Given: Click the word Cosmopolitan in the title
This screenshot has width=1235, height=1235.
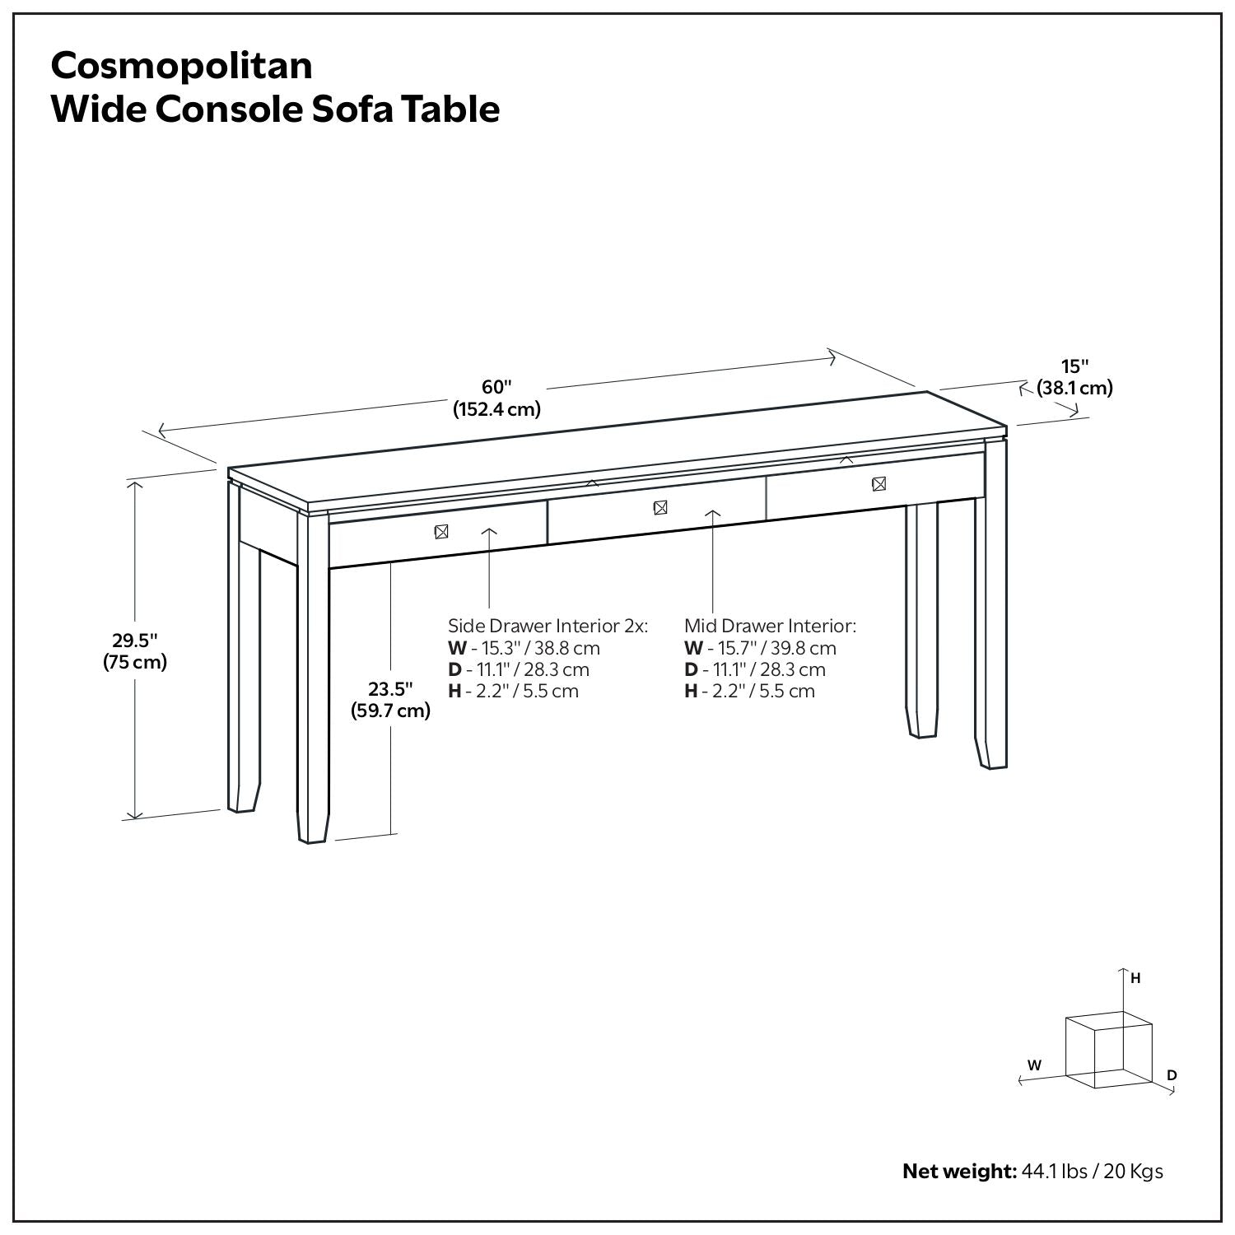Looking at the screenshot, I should tap(181, 66).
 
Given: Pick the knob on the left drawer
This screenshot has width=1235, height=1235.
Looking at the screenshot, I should tap(441, 532).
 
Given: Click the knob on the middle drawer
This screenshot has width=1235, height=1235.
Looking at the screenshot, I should tap(659, 508).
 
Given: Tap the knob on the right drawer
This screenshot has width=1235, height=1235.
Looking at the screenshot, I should tap(878, 484).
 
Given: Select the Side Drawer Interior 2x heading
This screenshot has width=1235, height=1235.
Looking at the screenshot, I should tap(548, 626).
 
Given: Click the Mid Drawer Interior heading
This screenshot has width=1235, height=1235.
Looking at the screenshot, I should tap(770, 626).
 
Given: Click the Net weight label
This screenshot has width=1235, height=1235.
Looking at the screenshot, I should tap(960, 1171).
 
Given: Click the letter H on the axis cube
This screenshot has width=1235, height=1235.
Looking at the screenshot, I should tap(1135, 979).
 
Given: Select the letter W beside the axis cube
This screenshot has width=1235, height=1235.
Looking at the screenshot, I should tap(1034, 1065).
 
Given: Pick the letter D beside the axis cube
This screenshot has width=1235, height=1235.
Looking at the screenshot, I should tap(1172, 1075).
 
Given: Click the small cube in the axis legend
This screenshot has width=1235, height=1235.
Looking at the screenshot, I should tap(1107, 1050).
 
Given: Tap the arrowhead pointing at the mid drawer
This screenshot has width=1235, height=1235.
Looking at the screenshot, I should tap(713, 514).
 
